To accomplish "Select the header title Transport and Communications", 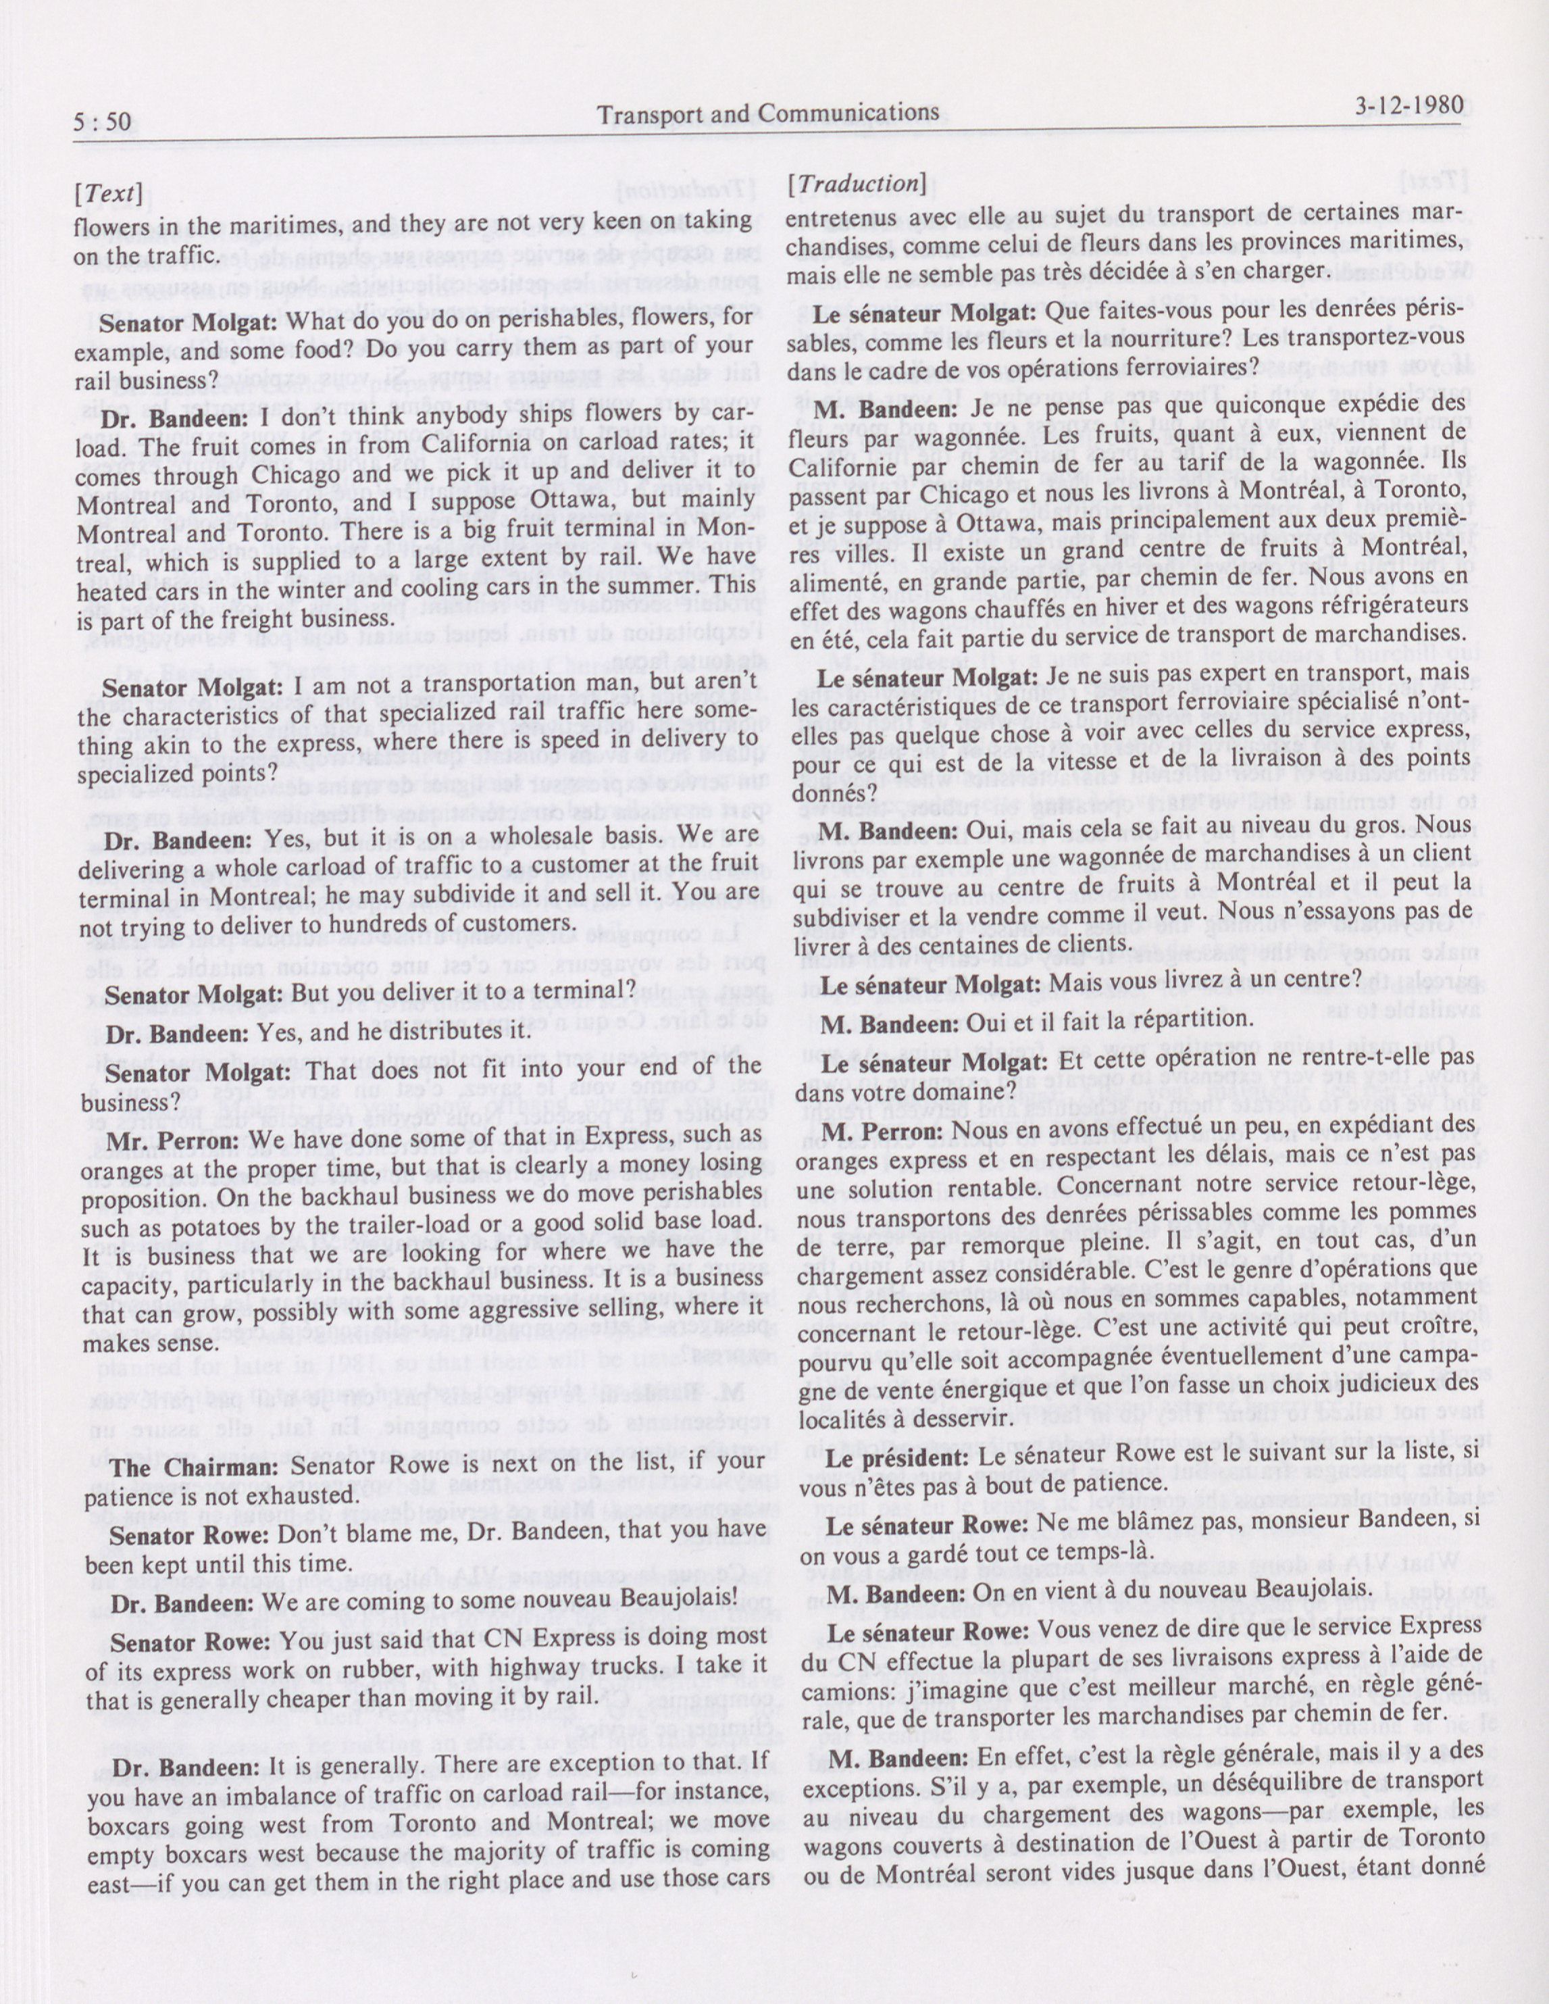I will tap(767, 114).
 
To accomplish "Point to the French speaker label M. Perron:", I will tap(882, 1131).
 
